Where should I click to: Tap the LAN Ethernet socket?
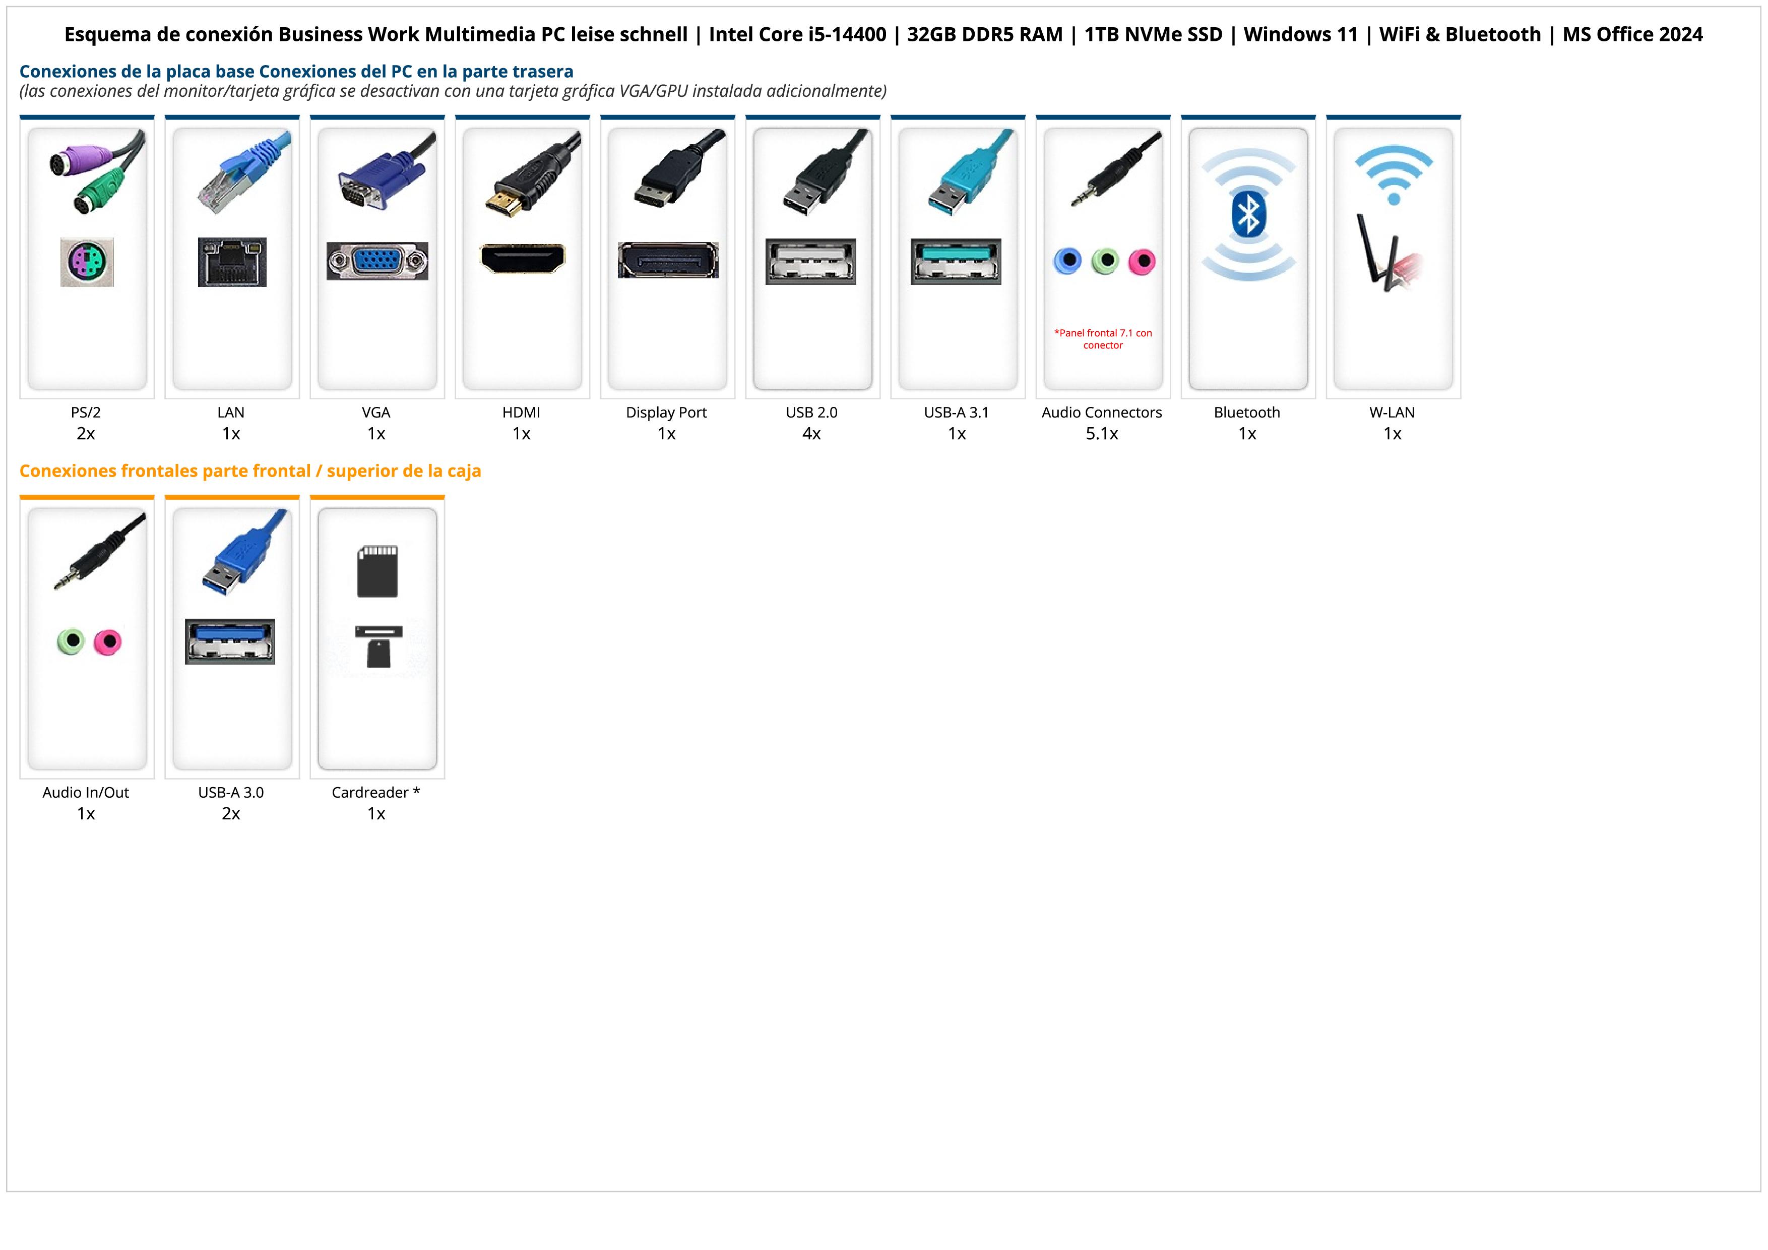tap(232, 262)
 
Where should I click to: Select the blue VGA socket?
tap(376, 261)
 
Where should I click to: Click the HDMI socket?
tap(522, 259)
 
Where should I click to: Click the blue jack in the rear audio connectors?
tap(1067, 261)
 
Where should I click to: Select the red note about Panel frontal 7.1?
tap(1103, 339)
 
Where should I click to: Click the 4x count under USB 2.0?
tap(811, 434)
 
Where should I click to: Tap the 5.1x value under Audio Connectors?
tap(1102, 434)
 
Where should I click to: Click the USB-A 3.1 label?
tap(957, 412)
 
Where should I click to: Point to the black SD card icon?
tap(377, 571)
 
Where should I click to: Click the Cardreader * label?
tap(376, 793)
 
